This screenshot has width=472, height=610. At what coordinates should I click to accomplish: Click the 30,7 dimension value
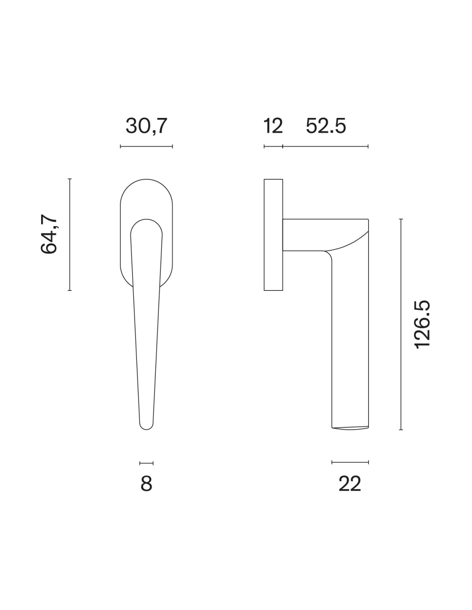coord(146,126)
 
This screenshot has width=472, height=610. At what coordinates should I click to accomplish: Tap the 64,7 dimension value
coord(49,234)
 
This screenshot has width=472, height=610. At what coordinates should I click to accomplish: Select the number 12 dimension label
coord(273,126)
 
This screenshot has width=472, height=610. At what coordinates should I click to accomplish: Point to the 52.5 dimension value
coord(326,126)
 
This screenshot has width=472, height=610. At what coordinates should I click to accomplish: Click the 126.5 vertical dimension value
coord(423,325)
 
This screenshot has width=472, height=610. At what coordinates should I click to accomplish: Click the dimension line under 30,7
coord(146,146)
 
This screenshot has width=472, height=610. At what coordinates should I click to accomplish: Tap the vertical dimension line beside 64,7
coord(70,234)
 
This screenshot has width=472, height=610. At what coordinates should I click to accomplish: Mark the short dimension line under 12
coord(273,146)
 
